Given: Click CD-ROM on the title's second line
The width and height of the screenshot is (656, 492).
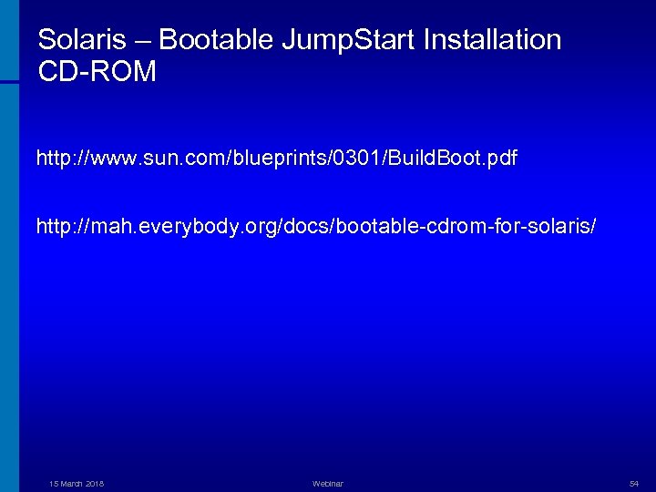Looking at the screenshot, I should coord(97,72).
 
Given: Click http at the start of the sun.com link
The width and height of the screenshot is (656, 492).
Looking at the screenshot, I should coord(53,159).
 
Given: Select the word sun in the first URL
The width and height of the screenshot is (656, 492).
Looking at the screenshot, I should coord(154,159).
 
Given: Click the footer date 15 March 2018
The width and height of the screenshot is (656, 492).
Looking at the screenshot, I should coord(76,483).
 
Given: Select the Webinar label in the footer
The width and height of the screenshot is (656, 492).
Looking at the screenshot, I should coord(327,483).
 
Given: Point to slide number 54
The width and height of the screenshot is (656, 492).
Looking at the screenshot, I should coord(634,483).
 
